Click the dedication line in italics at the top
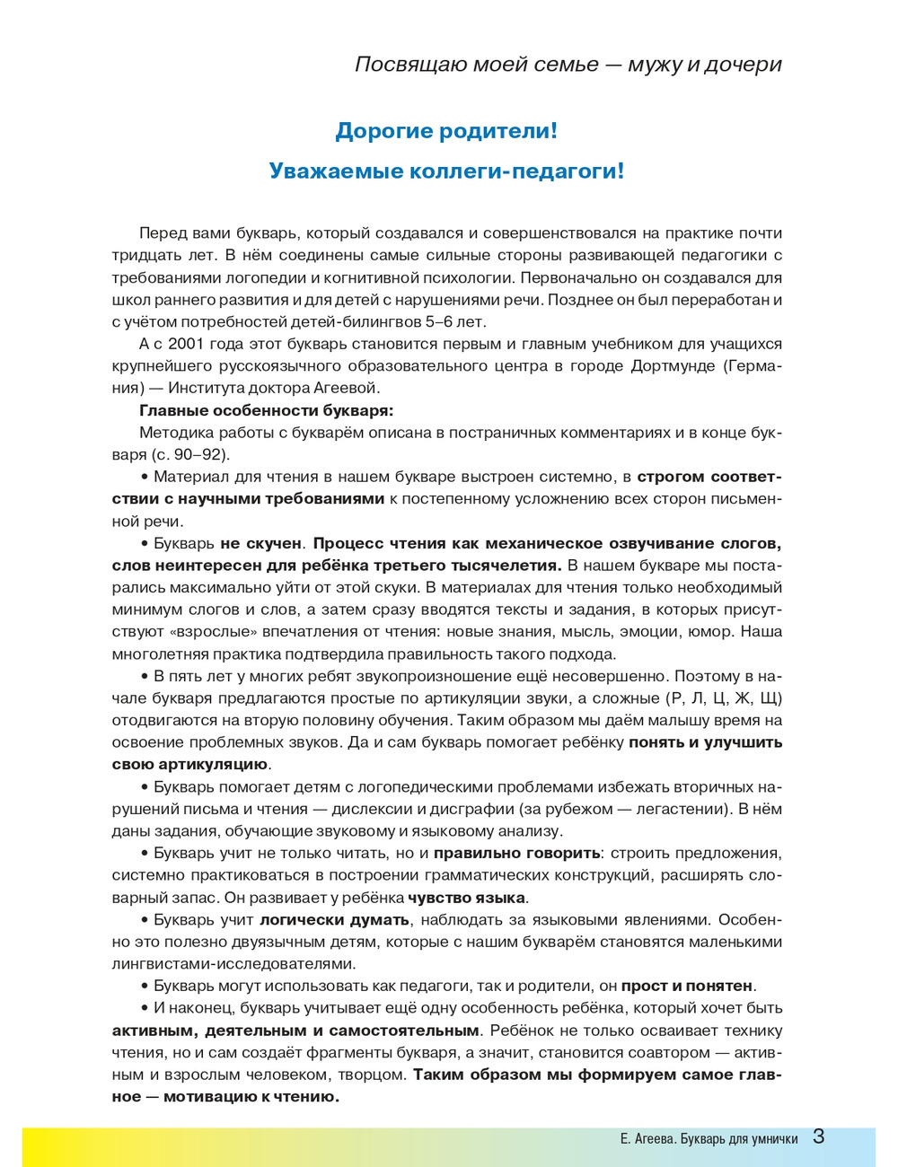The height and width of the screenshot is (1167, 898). coord(568,65)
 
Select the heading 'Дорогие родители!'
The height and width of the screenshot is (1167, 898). coord(446,131)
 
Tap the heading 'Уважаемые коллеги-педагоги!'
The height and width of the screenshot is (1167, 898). coord(446,171)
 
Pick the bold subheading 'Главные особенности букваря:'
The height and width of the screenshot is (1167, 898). coord(266,410)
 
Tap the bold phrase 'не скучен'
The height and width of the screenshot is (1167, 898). coord(260,543)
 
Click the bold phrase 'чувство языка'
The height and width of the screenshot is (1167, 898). coord(466,898)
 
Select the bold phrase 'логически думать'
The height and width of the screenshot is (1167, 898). coord(335,920)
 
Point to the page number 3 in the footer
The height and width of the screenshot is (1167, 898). coord(818,1136)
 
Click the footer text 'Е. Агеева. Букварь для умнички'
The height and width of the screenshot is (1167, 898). coord(709,1139)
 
